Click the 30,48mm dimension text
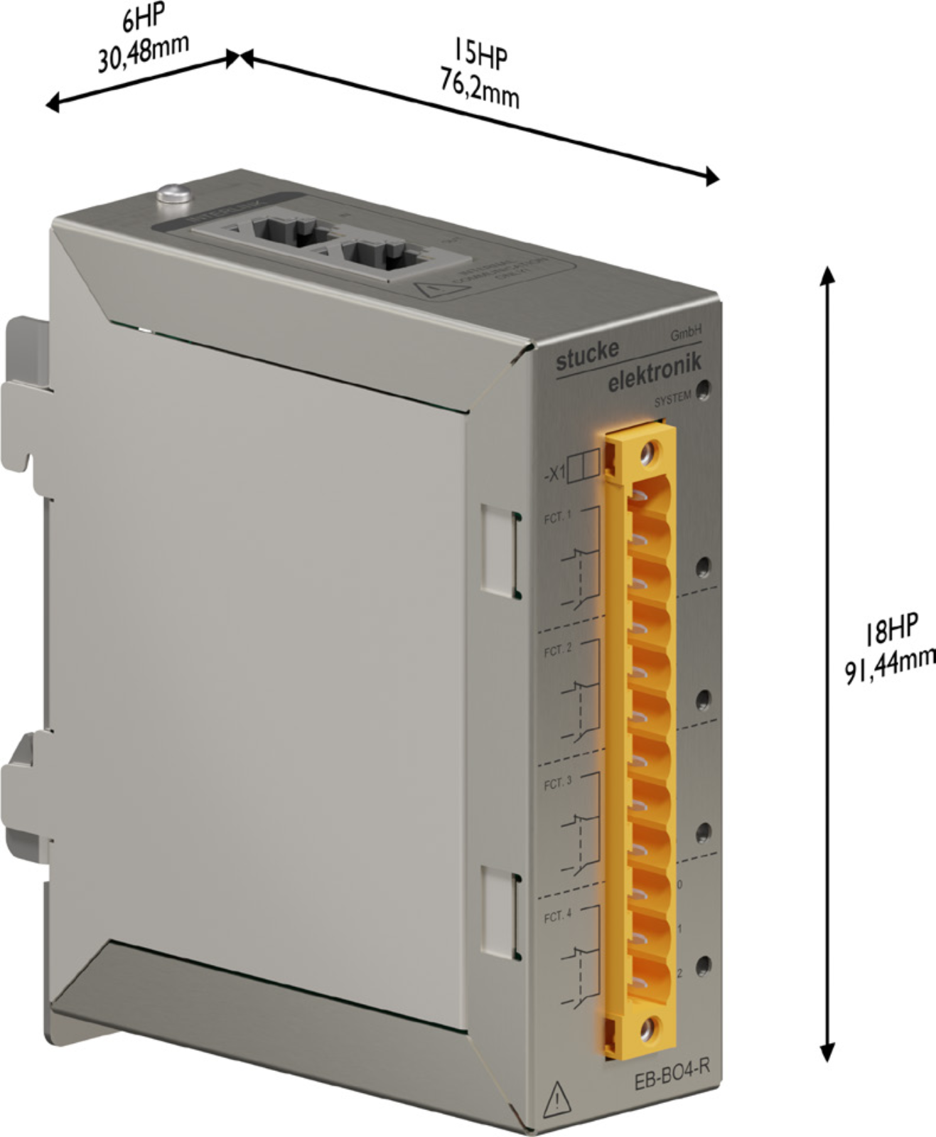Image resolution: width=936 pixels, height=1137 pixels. click(x=143, y=53)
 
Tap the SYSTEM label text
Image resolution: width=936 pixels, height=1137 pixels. click(x=672, y=400)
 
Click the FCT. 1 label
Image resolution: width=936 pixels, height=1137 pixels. click(x=557, y=518)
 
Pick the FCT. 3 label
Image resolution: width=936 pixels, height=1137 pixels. click(x=557, y=784)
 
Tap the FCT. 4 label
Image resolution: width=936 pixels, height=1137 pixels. click(x=557, y=917)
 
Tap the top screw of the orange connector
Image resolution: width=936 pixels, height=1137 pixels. click(x=647, y=452)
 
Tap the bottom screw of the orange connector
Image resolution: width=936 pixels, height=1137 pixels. click(x=647, y=1029)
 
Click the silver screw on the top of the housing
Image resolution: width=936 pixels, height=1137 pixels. click(x=173, y=193)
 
